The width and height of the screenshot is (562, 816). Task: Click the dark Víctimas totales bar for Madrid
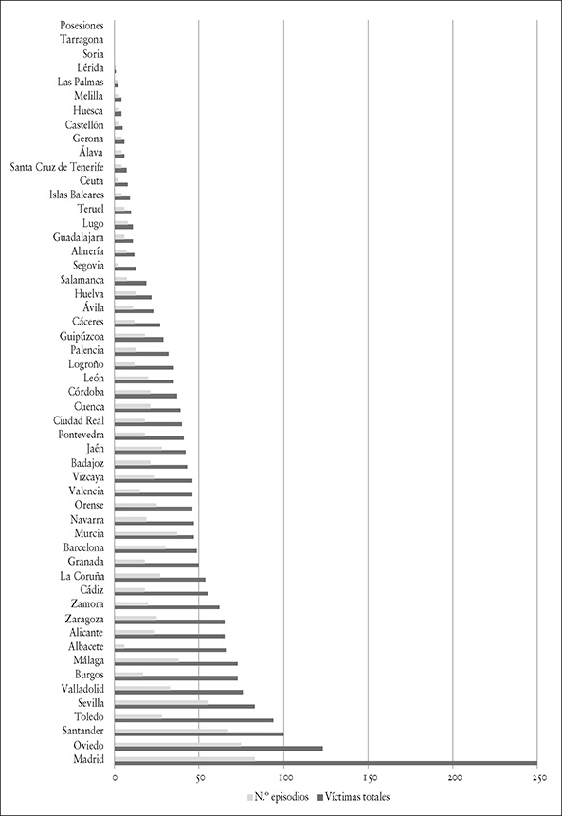(x=325, y=763)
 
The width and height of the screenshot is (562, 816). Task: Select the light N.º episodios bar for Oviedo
(x=178, y=745)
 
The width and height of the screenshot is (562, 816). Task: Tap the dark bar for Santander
(x=199, y=734)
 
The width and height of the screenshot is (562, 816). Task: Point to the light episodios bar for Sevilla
(x=162, y=702)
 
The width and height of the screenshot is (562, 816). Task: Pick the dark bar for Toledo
(x=194, y=720)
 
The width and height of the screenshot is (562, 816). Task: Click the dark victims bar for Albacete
(x=170, y=649)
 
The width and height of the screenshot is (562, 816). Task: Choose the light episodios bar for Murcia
(x=146, y=533)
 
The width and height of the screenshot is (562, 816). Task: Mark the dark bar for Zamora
(x=167, y=607)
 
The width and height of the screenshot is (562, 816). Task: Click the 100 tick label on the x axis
(x=284, y=778)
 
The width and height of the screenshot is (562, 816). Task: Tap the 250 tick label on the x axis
(x=537, y=778)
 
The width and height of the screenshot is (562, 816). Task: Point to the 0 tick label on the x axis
(x=115, y=778)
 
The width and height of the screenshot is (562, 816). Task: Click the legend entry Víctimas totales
(x=353, y=797)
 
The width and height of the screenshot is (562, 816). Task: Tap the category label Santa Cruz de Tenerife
(x=57, y=167)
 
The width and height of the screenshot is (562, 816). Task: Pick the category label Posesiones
(x=82, y=25)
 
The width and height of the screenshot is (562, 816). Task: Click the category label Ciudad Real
(x=79, y=420)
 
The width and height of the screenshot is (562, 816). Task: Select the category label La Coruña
(x=82, y=576)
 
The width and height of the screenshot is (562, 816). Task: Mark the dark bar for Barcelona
(x=155, y=550)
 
